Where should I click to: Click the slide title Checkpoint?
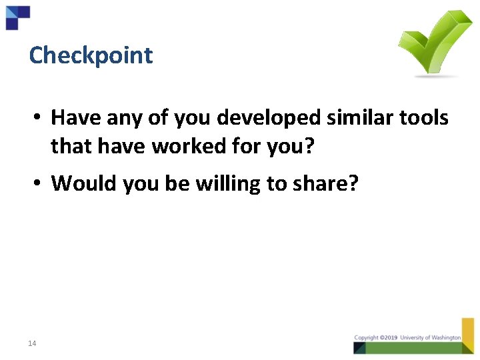[x=91, y=55]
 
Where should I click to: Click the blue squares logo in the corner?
[x=17, y=17]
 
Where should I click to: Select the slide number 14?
[x=32, y=343]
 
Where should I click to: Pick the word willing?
[x=229, y=183]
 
